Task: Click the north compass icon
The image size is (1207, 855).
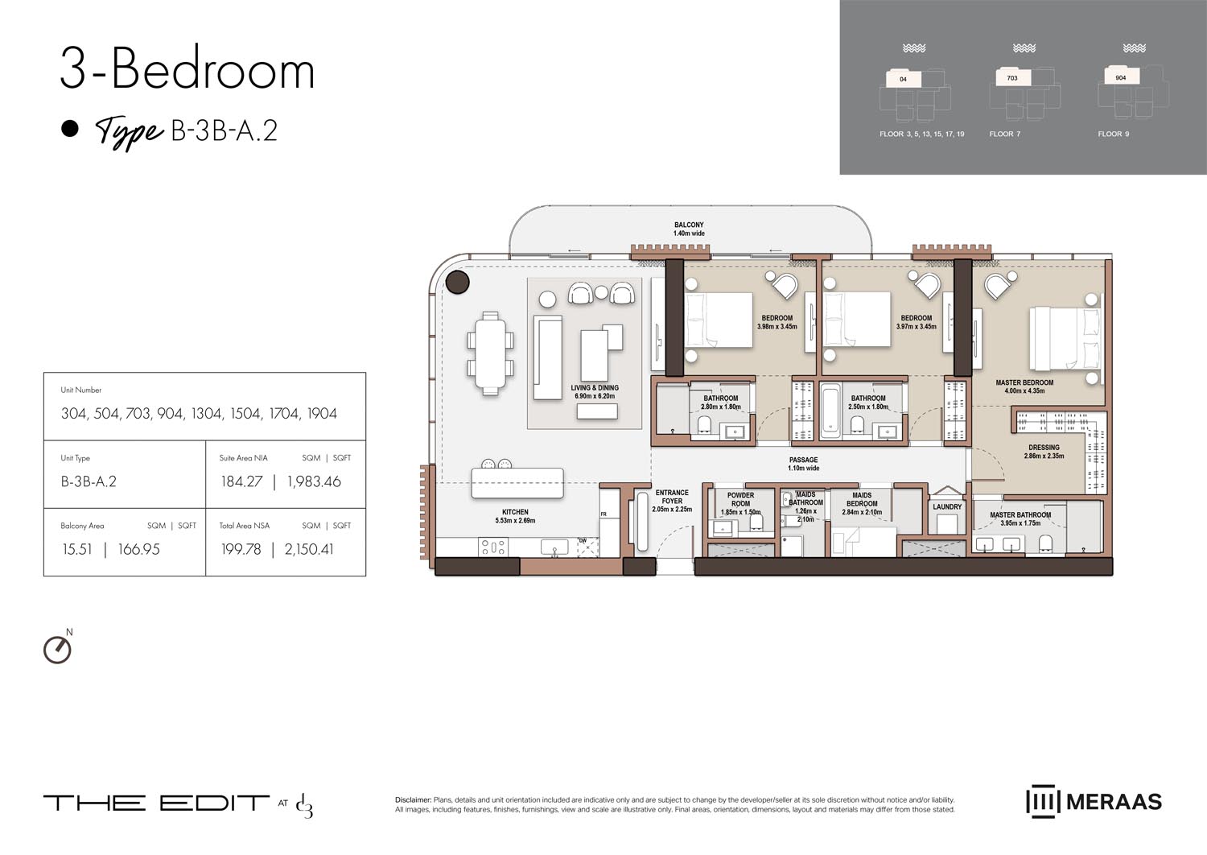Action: click(x=57, y=649)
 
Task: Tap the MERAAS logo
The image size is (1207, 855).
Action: click(x=1094, y=802)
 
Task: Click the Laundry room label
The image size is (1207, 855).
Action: click(x=947, y=507)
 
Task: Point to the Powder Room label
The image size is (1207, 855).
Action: click(x=740, y=499)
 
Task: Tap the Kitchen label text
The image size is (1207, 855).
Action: click(x=515, y=512)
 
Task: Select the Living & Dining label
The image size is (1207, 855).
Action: click(x=595, y=388)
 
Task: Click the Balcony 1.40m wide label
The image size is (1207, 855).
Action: click(x=689, y=229)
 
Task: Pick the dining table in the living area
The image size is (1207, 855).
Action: click(x=490, y=353)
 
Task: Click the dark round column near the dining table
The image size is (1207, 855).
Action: click(x=458, y=282)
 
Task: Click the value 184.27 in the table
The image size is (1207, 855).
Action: click(x=241, y=482)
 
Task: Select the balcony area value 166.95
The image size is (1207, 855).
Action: click(x=138, y=550)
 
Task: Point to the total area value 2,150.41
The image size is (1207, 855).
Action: click(x=309, y=550)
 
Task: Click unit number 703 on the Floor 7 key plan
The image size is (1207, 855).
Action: click(x=1012, y=78)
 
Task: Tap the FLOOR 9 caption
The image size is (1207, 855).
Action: click(x=1113, y=134)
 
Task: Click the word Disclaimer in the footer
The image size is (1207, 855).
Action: click(x=413, y=800)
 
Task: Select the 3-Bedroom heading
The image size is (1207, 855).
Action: click(x=187, y=70)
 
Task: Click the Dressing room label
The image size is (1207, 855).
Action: click(x=1044, y=448)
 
